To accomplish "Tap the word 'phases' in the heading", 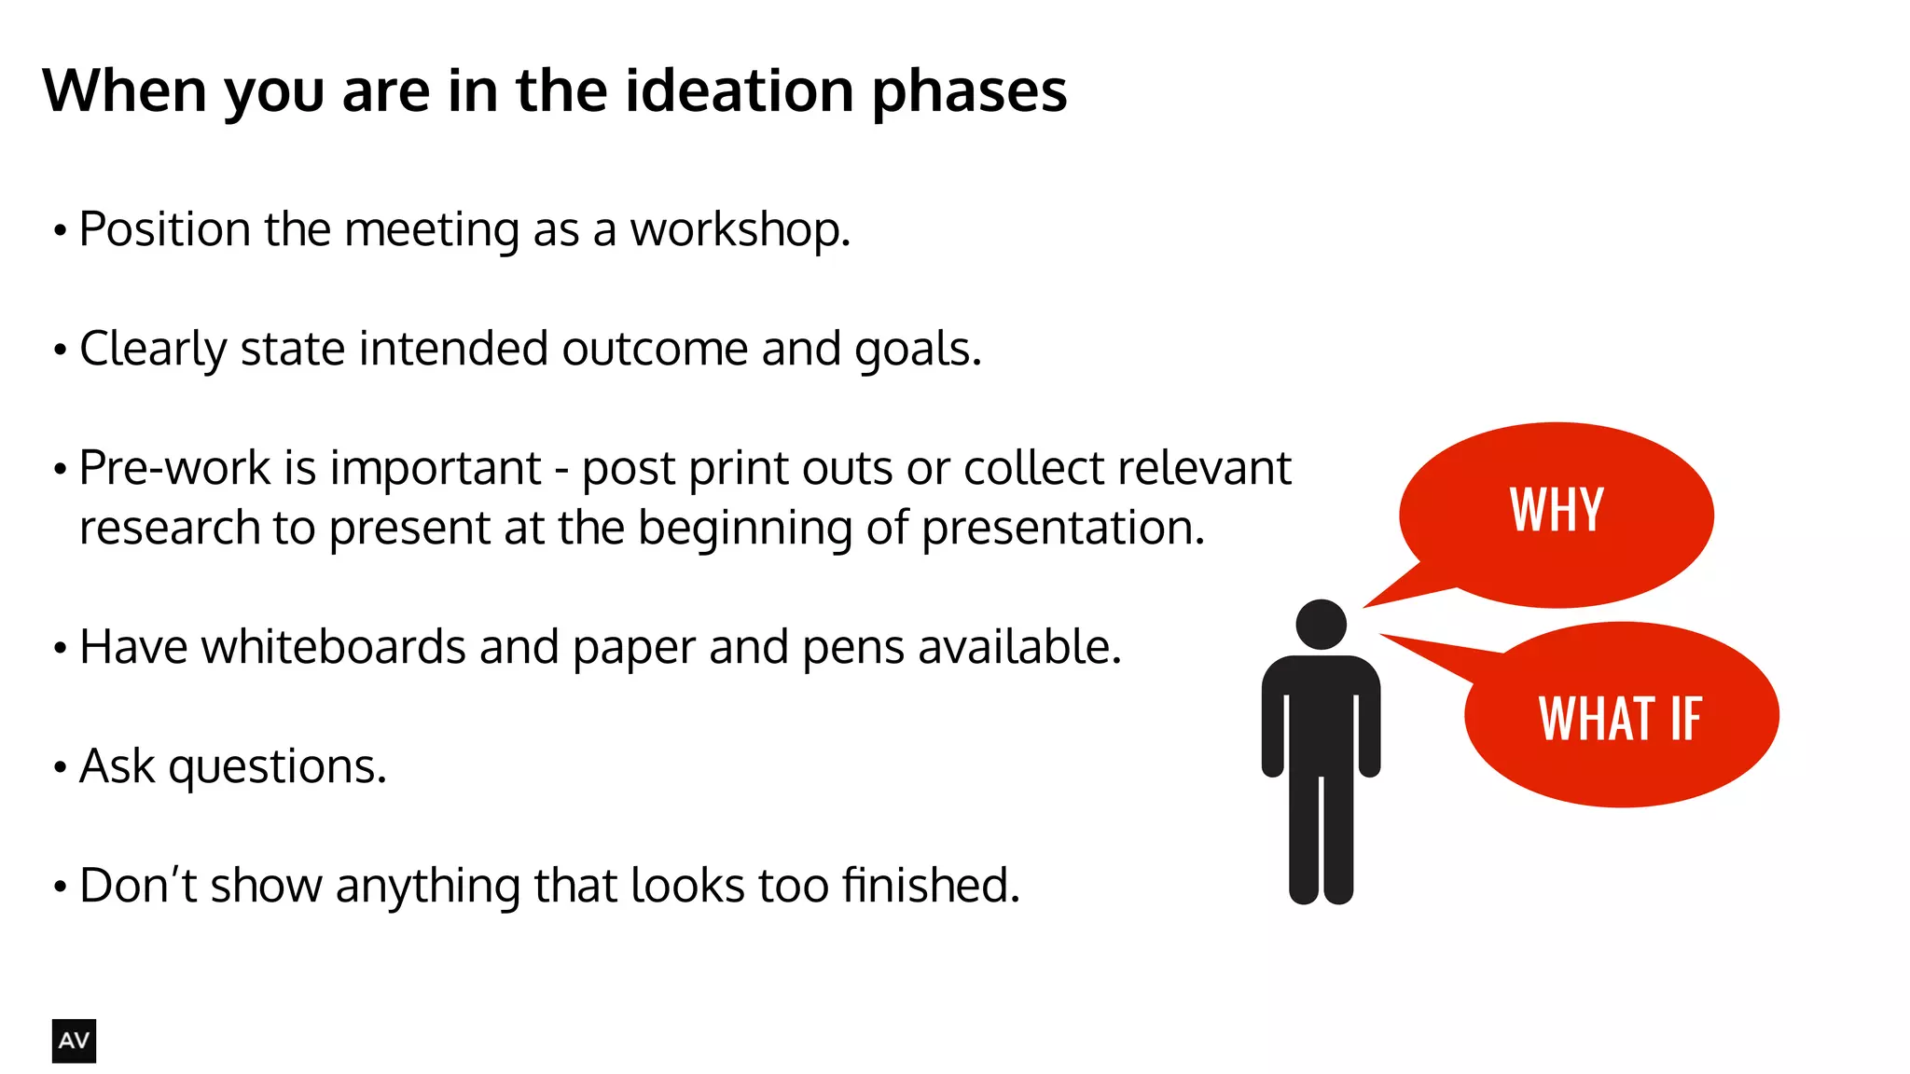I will [969, 93].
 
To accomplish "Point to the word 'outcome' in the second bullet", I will [655, 350].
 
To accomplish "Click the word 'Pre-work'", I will [174, 468].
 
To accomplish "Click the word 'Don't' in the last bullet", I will [138, 886].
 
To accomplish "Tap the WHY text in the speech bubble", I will [1557, 511].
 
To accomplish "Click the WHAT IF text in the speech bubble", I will [1620, 719].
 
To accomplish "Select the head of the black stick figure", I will [1321, 624].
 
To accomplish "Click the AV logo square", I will [74, 1040].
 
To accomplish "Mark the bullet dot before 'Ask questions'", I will [61, 768].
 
